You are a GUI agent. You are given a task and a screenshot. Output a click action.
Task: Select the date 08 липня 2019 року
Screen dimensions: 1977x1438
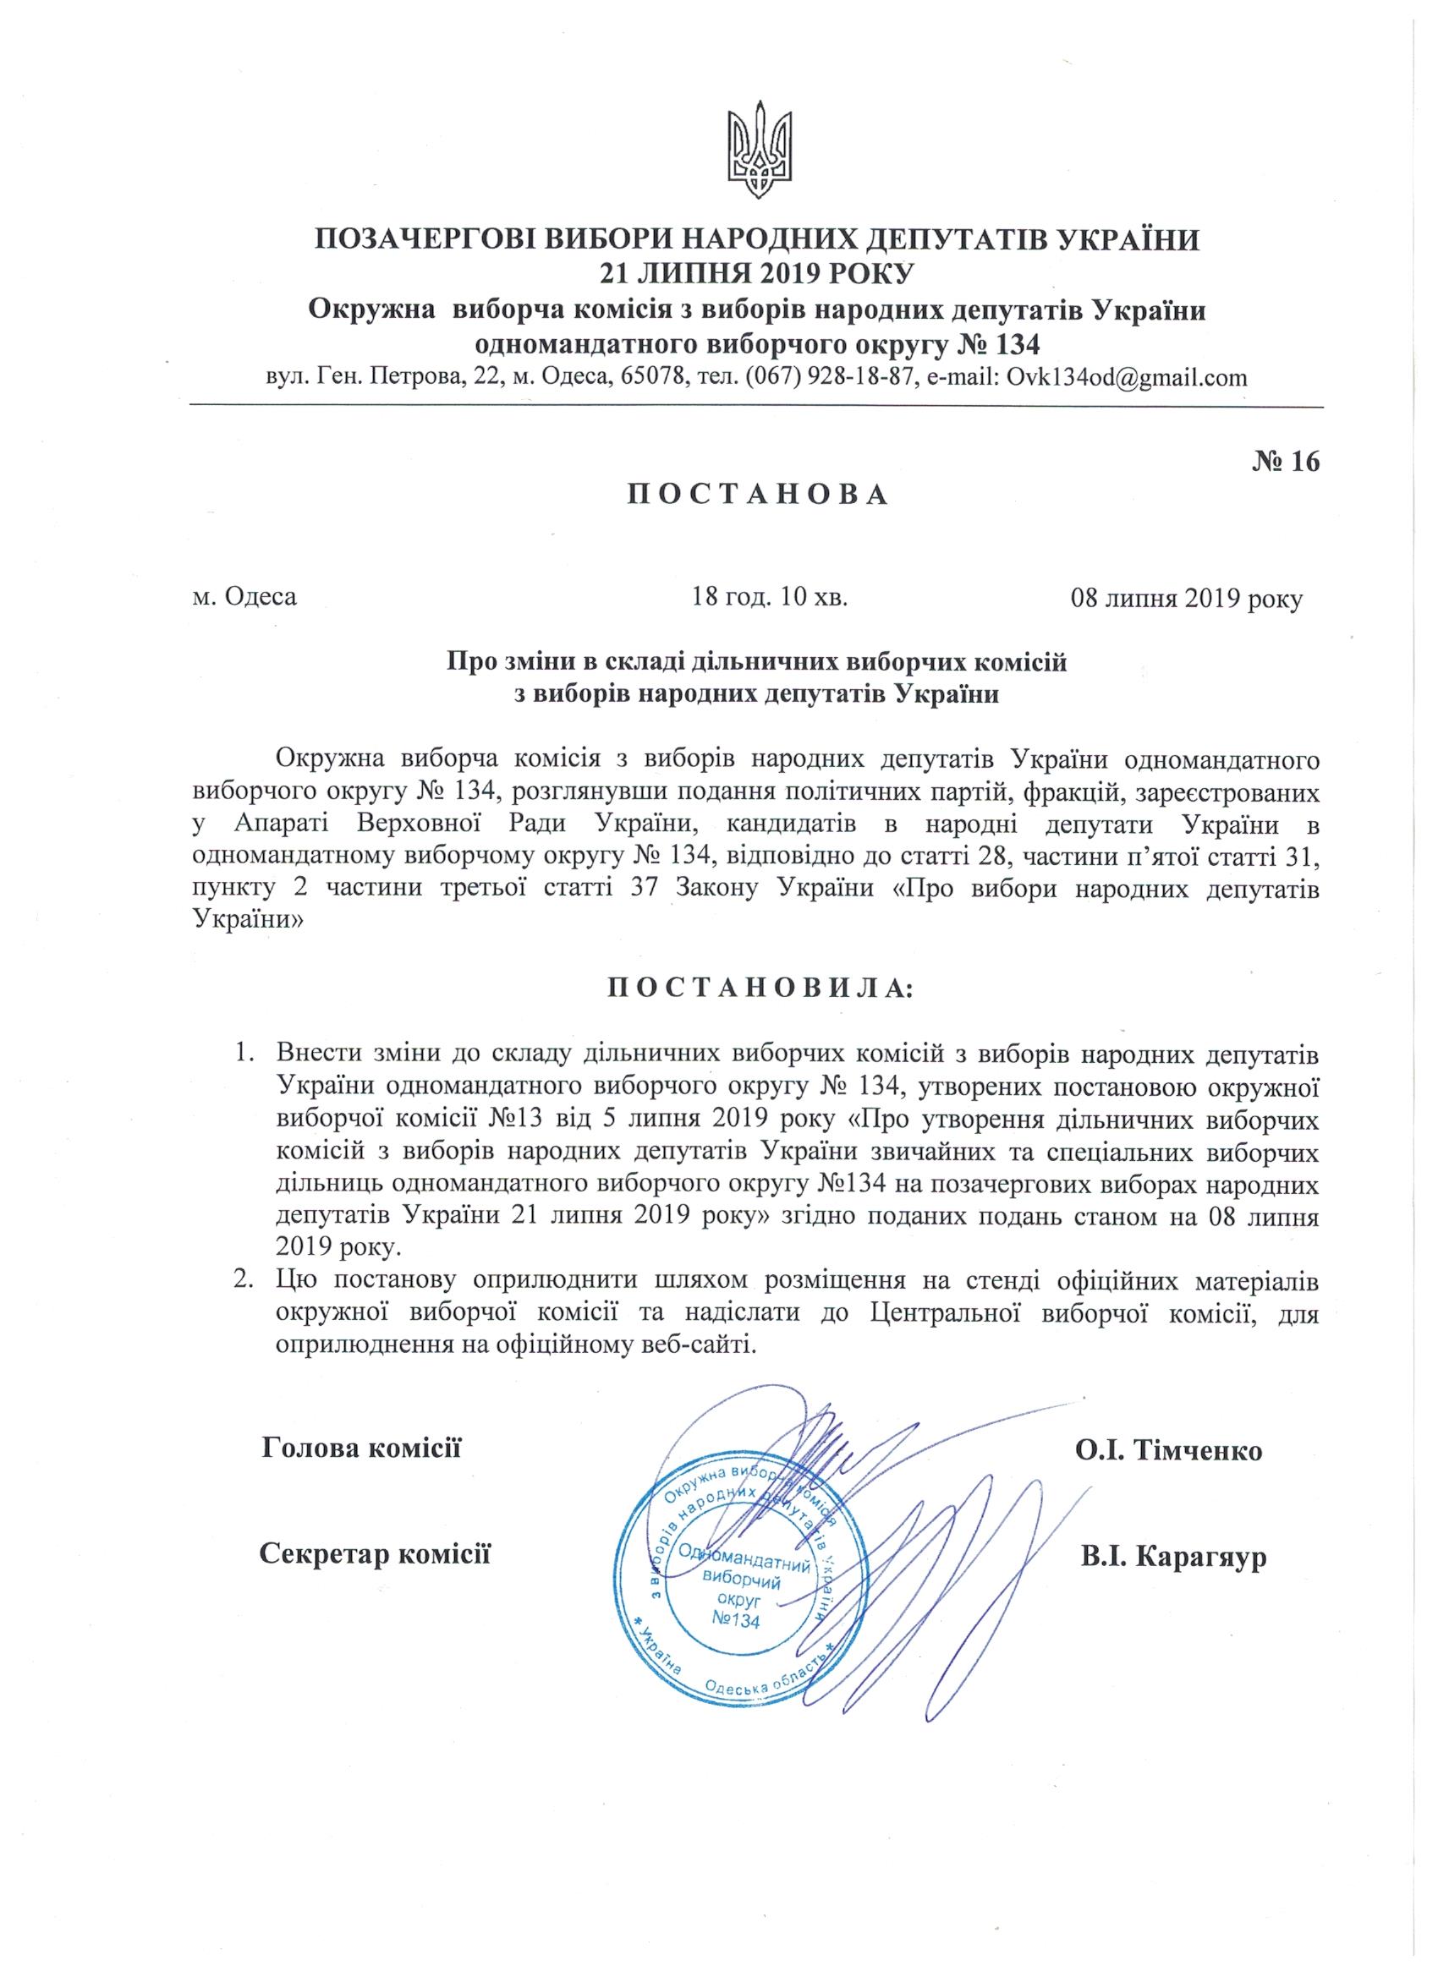1186,599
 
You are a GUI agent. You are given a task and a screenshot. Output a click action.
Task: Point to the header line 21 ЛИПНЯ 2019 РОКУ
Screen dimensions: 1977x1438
756,274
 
